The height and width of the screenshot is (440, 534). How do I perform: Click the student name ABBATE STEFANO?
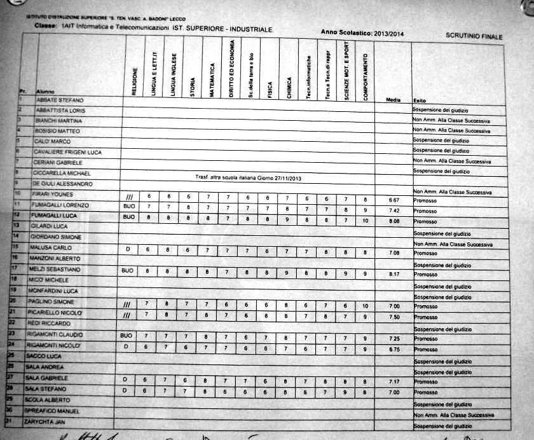pyautogui.click(x=59, y=100)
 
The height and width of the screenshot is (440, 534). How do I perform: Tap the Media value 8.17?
pyautogui.click(x=394, y=275)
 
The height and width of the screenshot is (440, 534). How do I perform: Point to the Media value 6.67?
pyautogui.click(x=394, y=200)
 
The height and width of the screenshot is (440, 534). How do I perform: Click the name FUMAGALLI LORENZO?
pyautogui.click(x=62, y=206)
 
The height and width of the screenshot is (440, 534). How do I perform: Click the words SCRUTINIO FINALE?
pyautogui.click(x=474, y=37)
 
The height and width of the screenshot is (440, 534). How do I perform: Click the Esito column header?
pyautogui.click(x=420, y=100)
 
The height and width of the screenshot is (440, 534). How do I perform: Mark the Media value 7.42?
pyautogui.click(x=394, y=210)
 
